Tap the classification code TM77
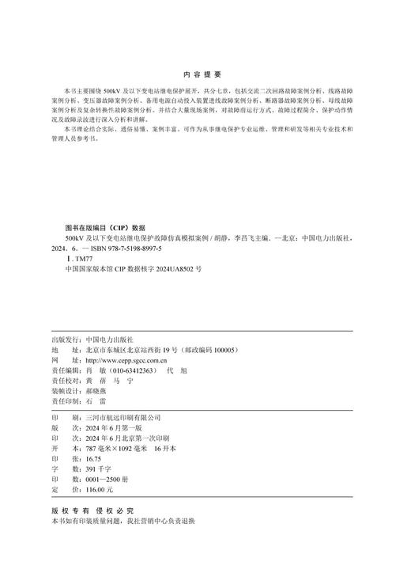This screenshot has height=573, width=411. coord(84,258)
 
